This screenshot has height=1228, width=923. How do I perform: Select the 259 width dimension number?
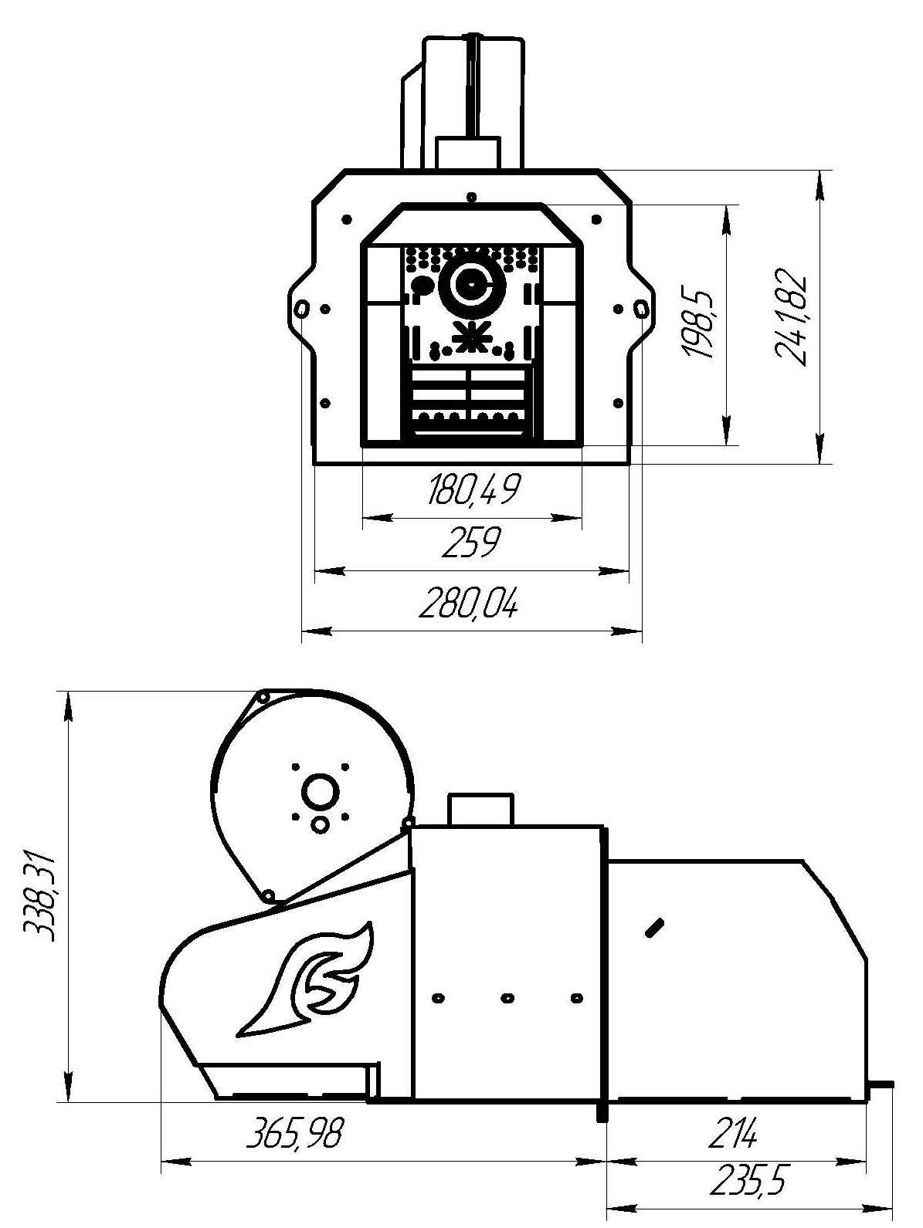point(470,542)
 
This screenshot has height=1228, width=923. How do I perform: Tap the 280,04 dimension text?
point(469,604)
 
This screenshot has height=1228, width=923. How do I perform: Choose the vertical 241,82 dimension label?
point(791,317)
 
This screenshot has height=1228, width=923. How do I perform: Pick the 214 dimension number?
point(732,1132)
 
